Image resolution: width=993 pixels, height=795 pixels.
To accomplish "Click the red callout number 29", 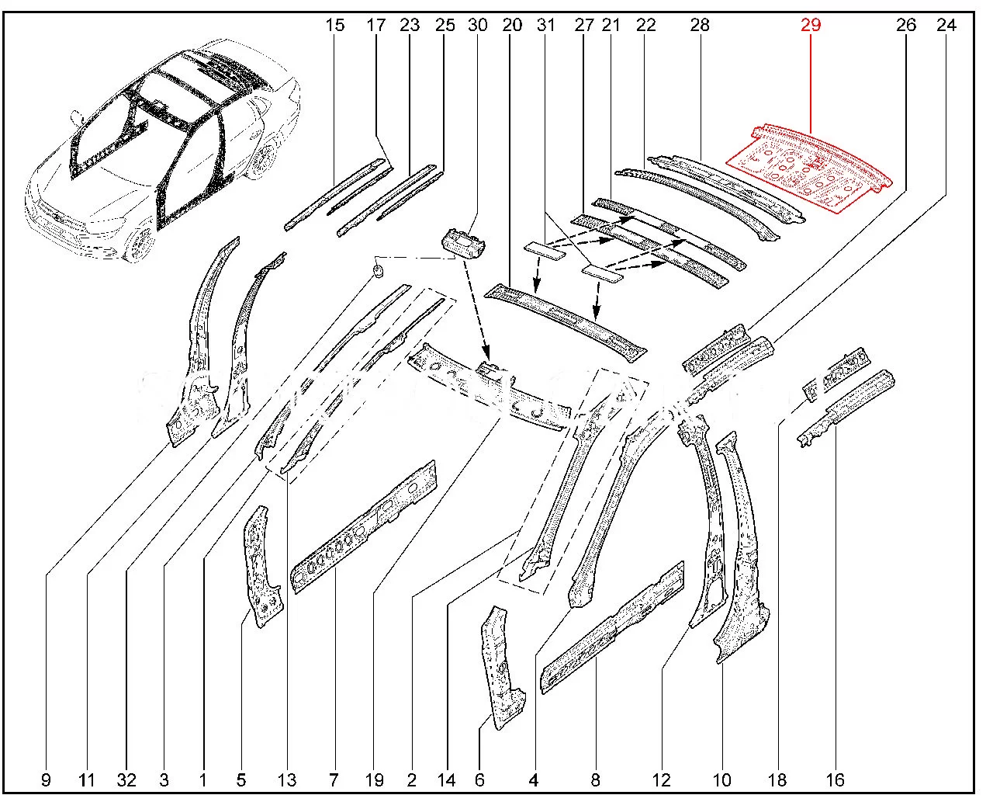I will [x=811, y=25].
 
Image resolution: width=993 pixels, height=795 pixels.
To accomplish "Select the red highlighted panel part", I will [x=811, y=167].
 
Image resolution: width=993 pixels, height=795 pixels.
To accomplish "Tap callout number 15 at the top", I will [x=334, y=25].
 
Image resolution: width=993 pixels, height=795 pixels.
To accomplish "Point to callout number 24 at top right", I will [x=946, y=25].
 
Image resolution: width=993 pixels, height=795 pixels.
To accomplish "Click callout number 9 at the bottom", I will [x=46, y=779].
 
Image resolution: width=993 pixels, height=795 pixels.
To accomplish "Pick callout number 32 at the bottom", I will [x=127, y=779].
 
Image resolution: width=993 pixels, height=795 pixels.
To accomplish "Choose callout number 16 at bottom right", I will [x=835, y=779].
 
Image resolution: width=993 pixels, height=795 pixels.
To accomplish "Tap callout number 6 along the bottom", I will [x=479, y=779].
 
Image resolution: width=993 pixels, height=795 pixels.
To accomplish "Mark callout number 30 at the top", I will [x=478, y=25].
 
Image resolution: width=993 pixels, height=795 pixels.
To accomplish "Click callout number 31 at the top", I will [x=546, y=25].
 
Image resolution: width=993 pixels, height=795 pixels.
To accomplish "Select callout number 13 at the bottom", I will [x=287, y=779].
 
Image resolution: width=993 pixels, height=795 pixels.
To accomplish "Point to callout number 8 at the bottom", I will [x=596, y=779].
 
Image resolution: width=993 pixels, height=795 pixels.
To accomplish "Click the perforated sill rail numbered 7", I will [x=363, y=528].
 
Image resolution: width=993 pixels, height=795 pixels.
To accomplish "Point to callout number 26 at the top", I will [x=905, y=25].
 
